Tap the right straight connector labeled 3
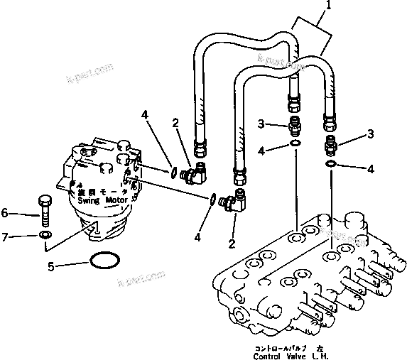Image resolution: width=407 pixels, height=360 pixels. [x=330, y=147]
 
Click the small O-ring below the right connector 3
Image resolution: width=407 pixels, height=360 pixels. [x=331, y=165]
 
